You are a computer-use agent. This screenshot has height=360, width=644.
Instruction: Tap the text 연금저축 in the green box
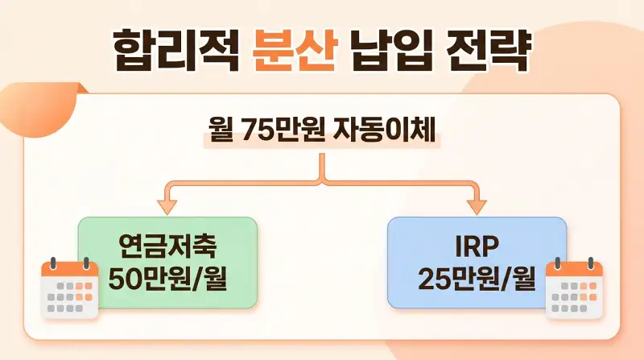(167, 244)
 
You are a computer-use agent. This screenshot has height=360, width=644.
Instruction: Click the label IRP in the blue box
(477, 244)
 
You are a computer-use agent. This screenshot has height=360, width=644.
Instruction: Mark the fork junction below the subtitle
(322, 179)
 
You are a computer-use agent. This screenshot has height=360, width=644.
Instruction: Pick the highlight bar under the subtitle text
(322, 143)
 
